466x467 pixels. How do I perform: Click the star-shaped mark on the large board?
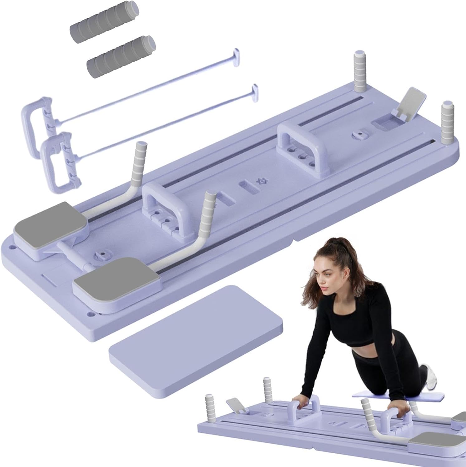point(258,181)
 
